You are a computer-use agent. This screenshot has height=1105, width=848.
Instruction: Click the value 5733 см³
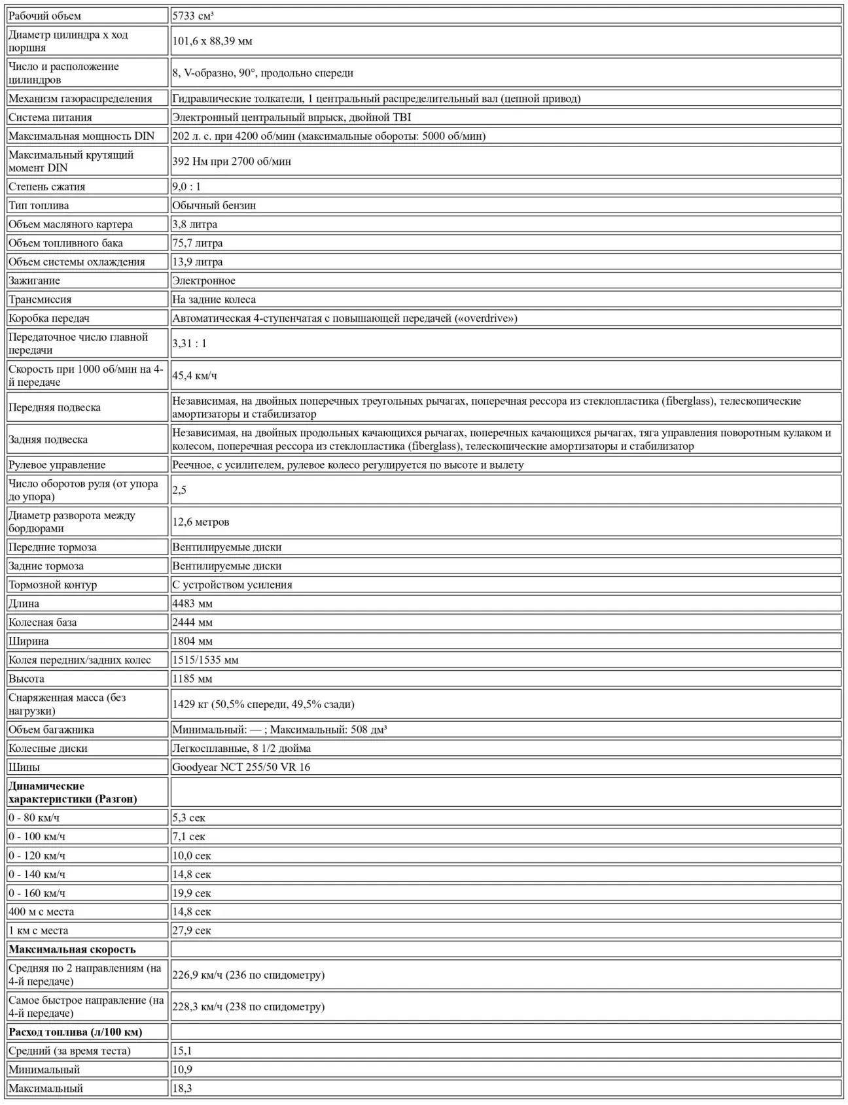[x=193, y=16]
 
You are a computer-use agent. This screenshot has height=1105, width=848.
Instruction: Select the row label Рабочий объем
[x=45, y=16]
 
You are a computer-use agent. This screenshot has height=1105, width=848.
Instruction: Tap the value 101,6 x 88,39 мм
[x=212, y=41]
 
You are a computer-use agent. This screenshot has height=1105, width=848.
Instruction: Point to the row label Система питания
[x=50, y=118]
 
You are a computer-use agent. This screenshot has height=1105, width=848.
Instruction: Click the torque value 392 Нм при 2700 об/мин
[x=232, y=161]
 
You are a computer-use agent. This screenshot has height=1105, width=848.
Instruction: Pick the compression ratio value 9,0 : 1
[x=186, y=187]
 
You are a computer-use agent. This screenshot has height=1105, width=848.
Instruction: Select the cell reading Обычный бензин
[x=214, y=205]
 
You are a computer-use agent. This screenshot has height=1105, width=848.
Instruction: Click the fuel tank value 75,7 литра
[x=198, y=243]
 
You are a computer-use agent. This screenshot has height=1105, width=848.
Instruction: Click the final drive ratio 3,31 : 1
[x=189, y=344]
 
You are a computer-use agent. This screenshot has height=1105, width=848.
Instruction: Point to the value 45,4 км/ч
[x=194, y=376]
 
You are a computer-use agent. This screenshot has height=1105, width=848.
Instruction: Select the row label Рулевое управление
[x=57, y=465]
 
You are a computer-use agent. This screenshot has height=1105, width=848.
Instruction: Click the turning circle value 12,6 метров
[x=201, y=522]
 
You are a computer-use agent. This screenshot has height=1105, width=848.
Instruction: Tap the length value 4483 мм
[x=192, y=603]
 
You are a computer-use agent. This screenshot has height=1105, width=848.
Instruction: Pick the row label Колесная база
[x=43, y=622]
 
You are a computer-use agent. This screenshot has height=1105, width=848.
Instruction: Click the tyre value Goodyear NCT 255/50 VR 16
[x=241, y=767]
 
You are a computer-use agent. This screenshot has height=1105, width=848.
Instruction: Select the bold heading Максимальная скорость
[x=72, y=949]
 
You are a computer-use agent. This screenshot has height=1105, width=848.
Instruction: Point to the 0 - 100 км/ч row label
[x=37, y=837]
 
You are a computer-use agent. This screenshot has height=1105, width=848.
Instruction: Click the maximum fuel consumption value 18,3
[x=182, y=1089]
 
